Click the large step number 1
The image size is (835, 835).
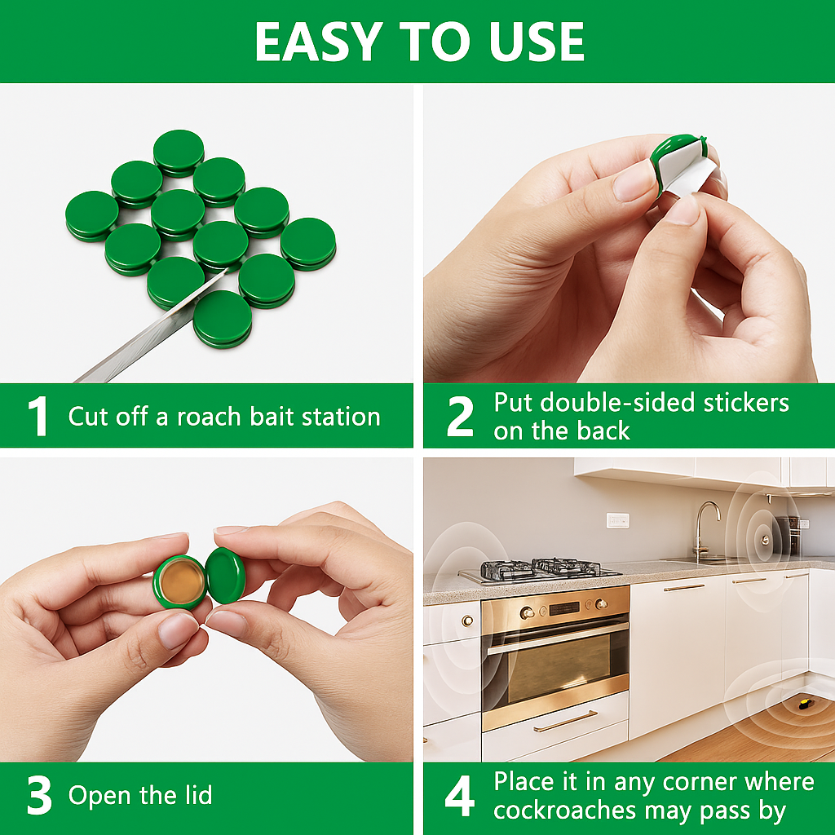coord(38,417)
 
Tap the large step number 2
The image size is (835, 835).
coord(460,417)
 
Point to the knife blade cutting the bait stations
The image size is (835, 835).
coord(139,334)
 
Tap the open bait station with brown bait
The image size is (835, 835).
coord(179,581)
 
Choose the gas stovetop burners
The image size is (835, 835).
coord(538,568)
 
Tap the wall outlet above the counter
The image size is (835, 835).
coord(617,520)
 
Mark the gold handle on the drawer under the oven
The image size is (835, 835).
coord(565,722)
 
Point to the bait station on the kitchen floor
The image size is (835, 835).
coord(805,701)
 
